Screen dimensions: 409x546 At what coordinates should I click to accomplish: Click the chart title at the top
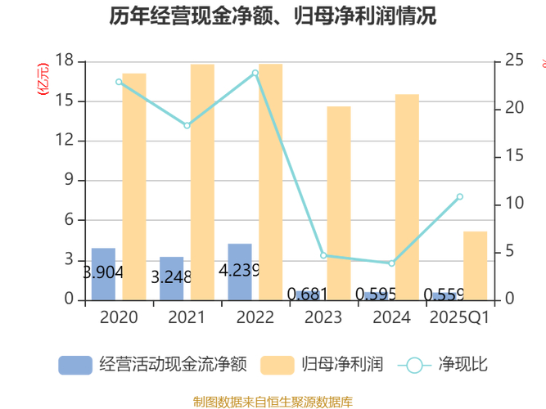273,16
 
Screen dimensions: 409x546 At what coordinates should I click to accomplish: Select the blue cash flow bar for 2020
103,273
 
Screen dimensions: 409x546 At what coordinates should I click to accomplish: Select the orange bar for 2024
407,196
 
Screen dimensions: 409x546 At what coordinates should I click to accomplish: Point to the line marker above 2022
255,73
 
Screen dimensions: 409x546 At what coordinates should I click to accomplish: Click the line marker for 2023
323,255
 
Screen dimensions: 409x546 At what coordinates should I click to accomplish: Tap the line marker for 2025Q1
459,196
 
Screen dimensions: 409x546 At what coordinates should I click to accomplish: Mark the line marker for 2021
187,125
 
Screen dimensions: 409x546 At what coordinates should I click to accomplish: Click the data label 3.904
103,272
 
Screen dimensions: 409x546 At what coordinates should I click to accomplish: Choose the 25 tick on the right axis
514,61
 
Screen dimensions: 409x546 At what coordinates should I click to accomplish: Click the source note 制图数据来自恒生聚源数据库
273,401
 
